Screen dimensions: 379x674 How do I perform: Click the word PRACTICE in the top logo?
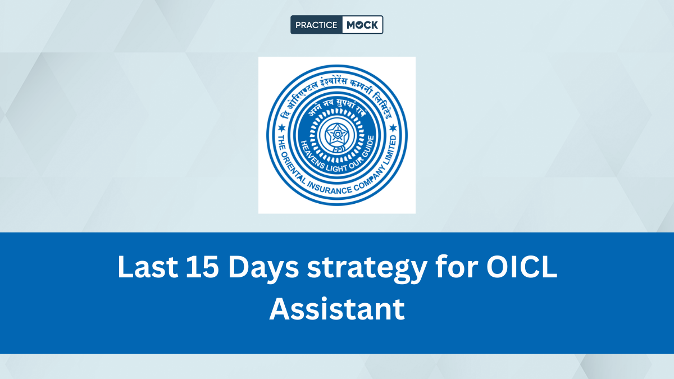(317, 25)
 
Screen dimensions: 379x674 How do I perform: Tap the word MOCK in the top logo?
(362, 25)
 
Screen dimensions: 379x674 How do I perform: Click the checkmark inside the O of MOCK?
(358, 25)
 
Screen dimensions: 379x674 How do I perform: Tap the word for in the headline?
(459, 267)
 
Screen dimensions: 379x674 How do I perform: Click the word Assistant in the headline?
(337, 309)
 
